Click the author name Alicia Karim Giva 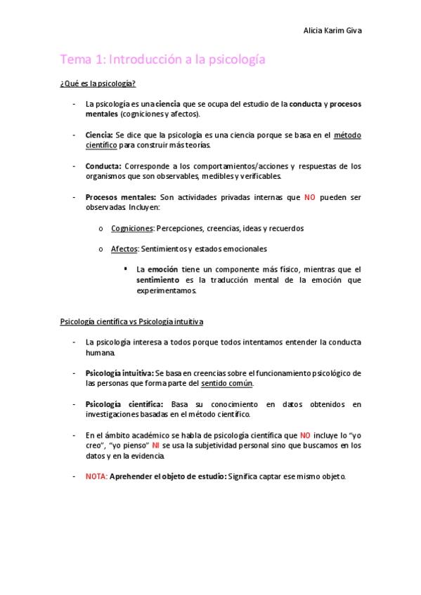coord(332,31)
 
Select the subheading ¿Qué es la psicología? coord(98,84)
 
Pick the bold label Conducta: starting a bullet coord(103,166)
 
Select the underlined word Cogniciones coord(132,228)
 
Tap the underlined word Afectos coord(124,248)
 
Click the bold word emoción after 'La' coord(162,269)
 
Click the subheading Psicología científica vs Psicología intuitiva coord(131,322)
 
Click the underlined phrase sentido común coord(227,383)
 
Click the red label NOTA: coord(96,476)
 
